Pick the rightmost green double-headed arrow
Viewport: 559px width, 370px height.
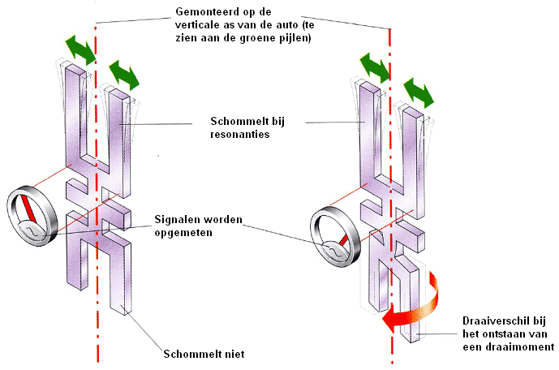point(419,90)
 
